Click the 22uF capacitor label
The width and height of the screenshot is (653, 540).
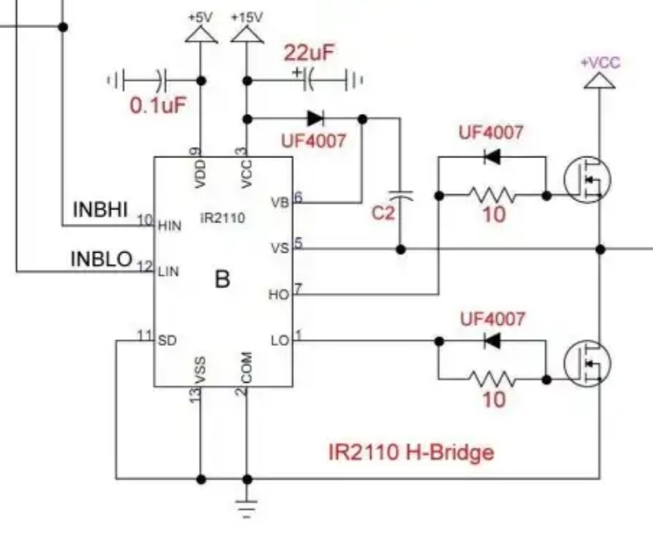click(309, 54)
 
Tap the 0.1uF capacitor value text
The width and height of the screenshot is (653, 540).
click(158, 105)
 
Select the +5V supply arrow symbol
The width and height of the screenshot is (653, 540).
click(201, 34)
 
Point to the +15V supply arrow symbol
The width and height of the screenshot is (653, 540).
click(247, 34)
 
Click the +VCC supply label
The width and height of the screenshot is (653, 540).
click(600, 63)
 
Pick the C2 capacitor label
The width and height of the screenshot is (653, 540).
click(384, 214)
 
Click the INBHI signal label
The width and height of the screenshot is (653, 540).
click(100, 209)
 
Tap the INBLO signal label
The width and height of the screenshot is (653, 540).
click(101, 258)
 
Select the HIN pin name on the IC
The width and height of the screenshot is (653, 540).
click(169, 225)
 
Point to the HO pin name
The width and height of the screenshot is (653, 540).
click(278, 294)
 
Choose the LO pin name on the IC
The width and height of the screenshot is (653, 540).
click(280, 340)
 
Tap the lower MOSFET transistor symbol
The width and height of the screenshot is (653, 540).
click(586, 362)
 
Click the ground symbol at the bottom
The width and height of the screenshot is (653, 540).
click(247, 507)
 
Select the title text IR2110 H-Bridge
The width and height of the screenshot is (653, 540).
click(410, 453)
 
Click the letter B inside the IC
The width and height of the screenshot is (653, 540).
click(222, 280)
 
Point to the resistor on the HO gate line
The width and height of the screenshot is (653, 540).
click(492, 194)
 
